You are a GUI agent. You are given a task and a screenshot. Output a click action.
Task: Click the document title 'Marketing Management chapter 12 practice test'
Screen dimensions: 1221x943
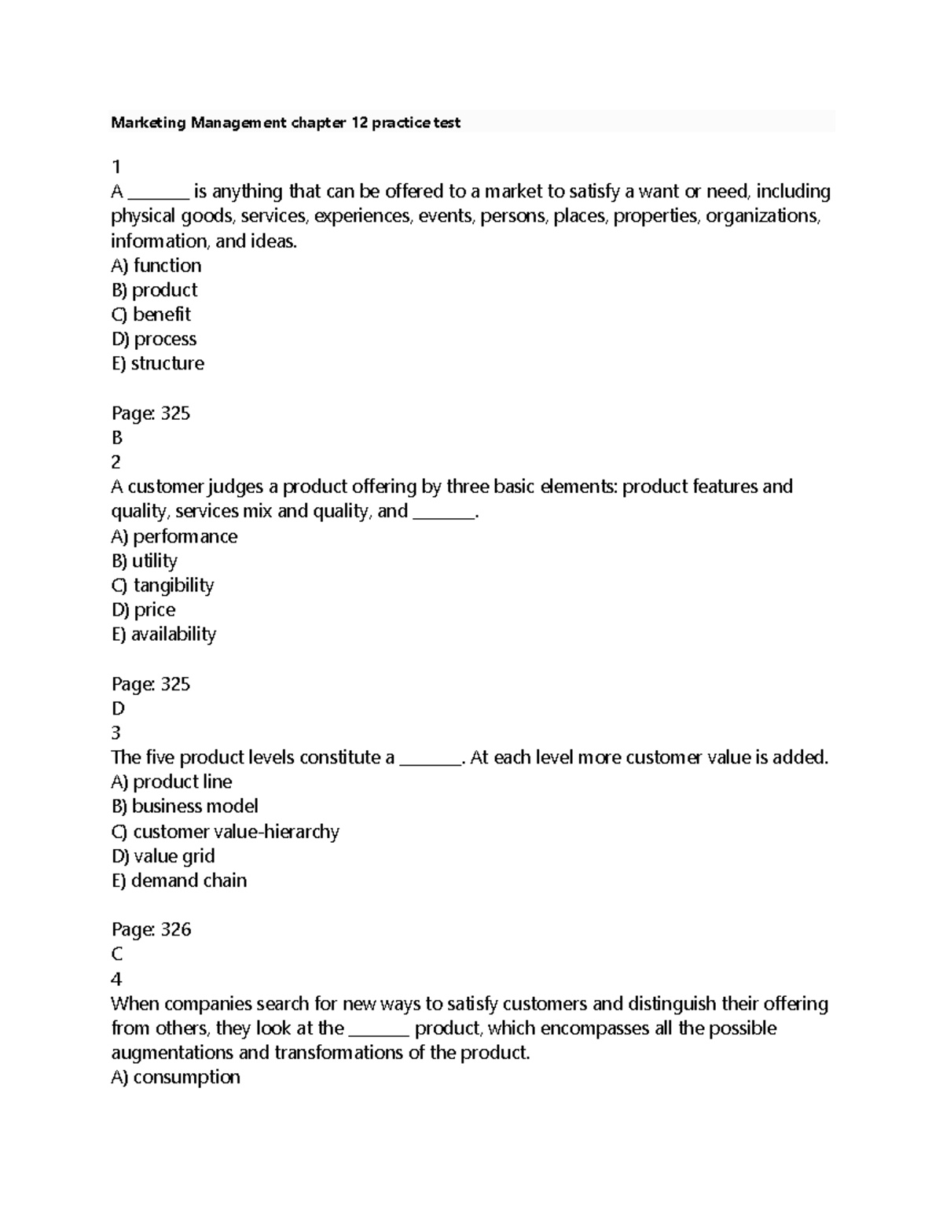[285, 123]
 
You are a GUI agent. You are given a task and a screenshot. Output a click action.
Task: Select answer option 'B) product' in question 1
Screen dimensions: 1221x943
[154, 290]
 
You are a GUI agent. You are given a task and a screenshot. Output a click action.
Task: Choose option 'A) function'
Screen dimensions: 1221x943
[156, 266]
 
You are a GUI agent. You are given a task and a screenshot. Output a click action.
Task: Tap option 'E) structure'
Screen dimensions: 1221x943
[158, 363]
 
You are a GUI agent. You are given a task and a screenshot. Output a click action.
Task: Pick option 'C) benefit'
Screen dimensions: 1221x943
[151, 314]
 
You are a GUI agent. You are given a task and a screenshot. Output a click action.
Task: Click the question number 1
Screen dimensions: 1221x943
[116, 167]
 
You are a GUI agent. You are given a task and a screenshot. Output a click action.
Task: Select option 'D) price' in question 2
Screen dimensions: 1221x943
[143, 610]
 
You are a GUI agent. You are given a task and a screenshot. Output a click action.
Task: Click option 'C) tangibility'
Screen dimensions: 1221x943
[163, 586]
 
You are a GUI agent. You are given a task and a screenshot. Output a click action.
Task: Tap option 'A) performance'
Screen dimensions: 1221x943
[174, 536]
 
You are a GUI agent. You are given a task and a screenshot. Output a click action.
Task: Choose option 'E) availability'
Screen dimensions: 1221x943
[163, 634]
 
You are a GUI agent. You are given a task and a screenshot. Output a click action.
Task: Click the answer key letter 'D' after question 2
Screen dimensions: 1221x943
[118, 708]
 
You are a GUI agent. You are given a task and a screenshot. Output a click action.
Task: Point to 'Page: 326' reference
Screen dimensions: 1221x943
[151, 929]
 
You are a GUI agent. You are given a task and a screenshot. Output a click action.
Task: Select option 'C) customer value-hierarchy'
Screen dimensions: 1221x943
[225, 832]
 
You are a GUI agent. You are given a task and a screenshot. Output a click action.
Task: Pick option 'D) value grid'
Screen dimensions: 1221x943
[163, 856]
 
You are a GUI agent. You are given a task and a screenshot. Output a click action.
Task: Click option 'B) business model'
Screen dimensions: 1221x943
[185, 807]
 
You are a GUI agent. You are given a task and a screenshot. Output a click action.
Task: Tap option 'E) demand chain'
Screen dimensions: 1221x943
[179, 881]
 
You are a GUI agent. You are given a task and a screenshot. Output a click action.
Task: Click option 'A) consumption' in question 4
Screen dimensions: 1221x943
[175, 1077]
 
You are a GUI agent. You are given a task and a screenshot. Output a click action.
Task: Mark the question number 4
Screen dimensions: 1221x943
[116, 979]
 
